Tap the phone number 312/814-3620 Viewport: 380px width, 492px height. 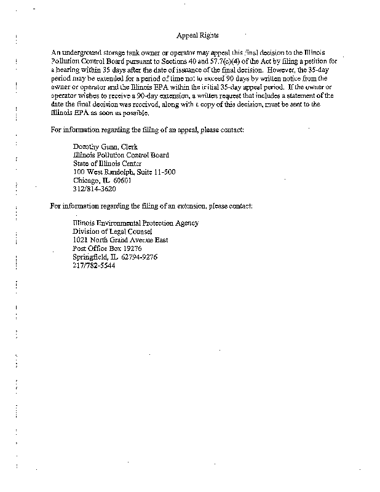[94, 189]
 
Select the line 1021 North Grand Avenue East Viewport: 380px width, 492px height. [121, 240]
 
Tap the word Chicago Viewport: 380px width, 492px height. [85, 181]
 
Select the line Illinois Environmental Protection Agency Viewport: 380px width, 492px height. [135, 223]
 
